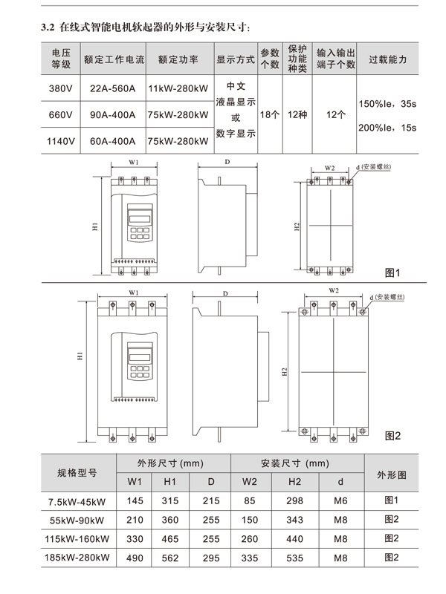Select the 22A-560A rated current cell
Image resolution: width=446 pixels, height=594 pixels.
coord(112,88)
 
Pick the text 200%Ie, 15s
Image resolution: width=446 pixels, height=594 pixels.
coord(387,128)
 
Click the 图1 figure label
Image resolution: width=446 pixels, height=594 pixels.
coord(392,273)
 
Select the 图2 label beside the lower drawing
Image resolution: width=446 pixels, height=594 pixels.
coord(392,436)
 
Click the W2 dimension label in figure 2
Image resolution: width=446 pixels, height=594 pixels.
coord(333,290)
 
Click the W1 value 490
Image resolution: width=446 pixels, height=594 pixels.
coord(135,557)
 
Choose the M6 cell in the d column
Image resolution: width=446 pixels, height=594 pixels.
coord(340,501)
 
